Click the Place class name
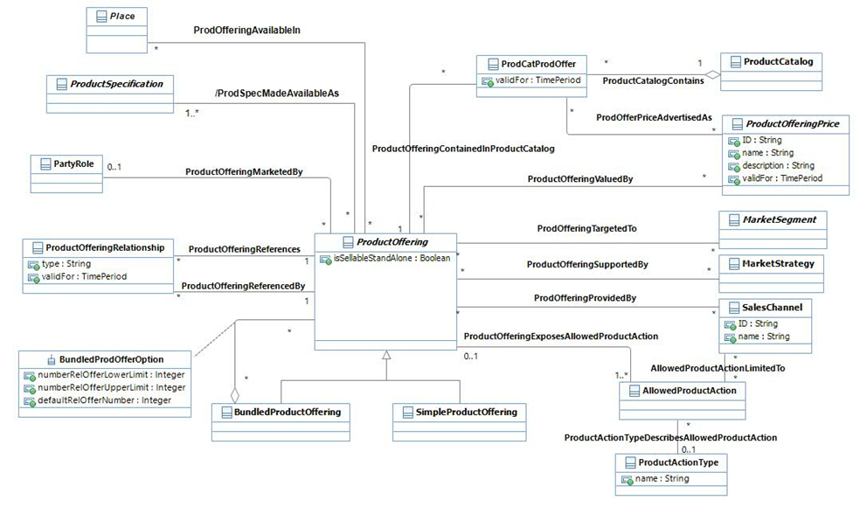(122, 17)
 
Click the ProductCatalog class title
(778, 62)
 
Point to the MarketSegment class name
(780, 219)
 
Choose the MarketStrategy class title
(779, 263)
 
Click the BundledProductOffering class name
(286, 412)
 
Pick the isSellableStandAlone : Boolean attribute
(390, 259)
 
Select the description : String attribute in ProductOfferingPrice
(777, 165)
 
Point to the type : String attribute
(66, 263)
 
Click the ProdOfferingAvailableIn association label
(246, 30)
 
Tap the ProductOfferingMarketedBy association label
(244, 172)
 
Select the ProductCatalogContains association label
(654, 80)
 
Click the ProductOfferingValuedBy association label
(580, 179)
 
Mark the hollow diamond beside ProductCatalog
(712, 75)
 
